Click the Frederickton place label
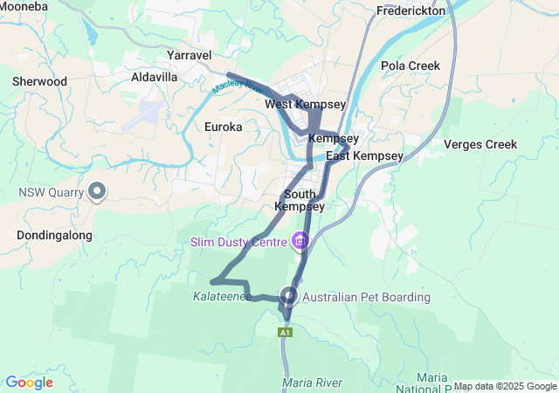pos(411,11)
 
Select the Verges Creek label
pos(480,144)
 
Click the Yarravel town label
pos(189,55)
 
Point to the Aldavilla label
pos(154,78)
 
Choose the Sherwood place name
pos(39,81)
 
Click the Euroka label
pos(223,127)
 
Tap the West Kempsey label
pos(306,105)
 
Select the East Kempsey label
pos(364,155)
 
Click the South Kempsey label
pos(300,200)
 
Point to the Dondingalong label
pos(54,235)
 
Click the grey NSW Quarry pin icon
pos(98,190)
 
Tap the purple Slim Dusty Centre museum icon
pos(300,239)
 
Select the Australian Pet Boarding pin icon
pos(289,296)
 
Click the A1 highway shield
pos(285,333)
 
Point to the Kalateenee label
pos(222,297)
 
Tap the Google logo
pos(29,383)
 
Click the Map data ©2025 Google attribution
pos(504,387)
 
